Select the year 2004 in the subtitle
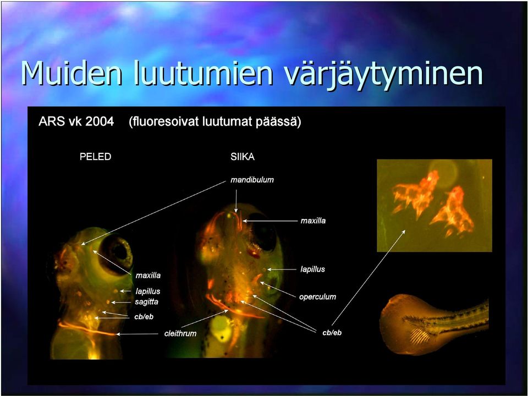[100, 121]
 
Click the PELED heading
[95, 157]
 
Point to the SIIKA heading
[243, 157]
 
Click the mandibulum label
[252, 180]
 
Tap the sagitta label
[146, 302]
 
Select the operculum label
[317, 296]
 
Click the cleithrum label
[180, 333]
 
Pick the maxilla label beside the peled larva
[148, 276]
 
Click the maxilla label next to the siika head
[313, 221]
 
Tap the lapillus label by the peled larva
[148, 291]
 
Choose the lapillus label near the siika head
[312, 269]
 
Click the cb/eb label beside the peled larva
[144, 317]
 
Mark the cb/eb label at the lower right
[332, 332]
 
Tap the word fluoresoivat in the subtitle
[164, 121]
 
